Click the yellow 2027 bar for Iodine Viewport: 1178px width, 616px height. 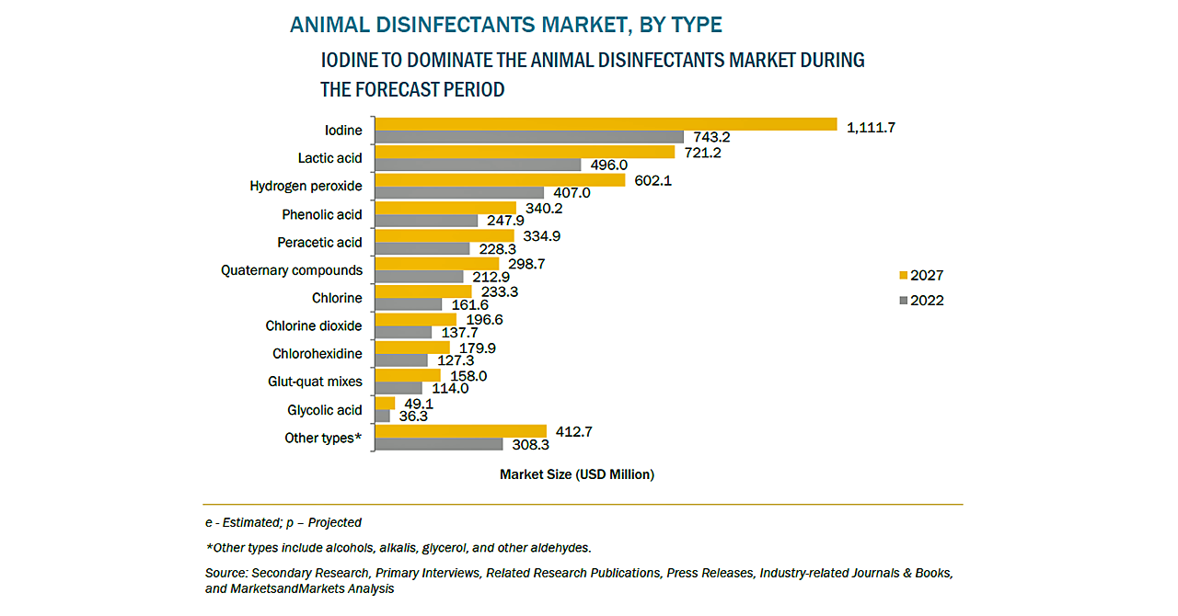[x=606, y=124]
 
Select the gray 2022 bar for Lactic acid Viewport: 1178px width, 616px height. [x=479, y=165]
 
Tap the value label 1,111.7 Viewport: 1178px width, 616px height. [x=871, y=127]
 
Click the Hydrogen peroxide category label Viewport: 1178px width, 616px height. [x=306, y=187]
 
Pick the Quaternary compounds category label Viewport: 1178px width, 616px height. [x=292, y=270]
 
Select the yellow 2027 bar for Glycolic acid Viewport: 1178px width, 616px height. [x=386, y=403]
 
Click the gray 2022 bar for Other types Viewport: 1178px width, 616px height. [x=440, y=444]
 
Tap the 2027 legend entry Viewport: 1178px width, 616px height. [x=920, y=275]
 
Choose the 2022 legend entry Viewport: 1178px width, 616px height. [x=920, y=301]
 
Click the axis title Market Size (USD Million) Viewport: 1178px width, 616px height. [x=577, y=474]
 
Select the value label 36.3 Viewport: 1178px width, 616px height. [x=415, y=416]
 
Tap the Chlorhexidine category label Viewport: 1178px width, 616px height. [x=317, y=354]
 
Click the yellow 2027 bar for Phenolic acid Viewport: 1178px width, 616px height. [x=446, y=208]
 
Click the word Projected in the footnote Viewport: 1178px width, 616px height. [x=335, y=522]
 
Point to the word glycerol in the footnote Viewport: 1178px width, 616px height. [x=445, y=547]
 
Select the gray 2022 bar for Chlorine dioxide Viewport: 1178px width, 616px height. [x=404, y=332]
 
